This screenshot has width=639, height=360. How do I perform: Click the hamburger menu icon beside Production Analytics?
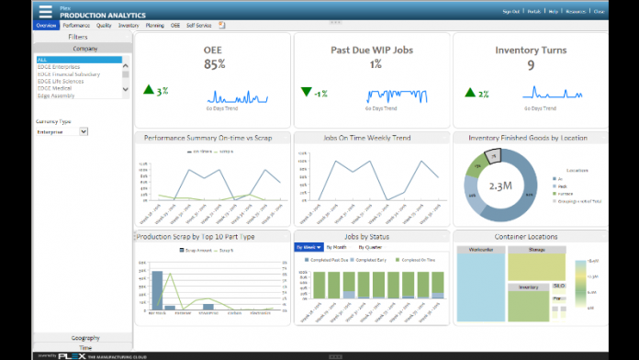point(46,12)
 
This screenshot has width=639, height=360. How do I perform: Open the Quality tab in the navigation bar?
point(105,26)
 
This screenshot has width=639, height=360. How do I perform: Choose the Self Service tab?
point(197,26)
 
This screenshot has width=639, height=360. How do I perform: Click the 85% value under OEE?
point(214,65)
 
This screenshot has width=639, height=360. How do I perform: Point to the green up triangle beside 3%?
point(149,91)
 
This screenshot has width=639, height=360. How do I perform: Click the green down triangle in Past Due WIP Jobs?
point(307,92)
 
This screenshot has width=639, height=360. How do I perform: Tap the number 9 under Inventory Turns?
point(531,65)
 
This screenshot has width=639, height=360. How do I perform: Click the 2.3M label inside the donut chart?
point(500,186)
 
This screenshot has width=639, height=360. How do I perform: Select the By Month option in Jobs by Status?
point(338,247)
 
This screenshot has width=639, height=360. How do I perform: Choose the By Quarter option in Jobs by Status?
point(371,247)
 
